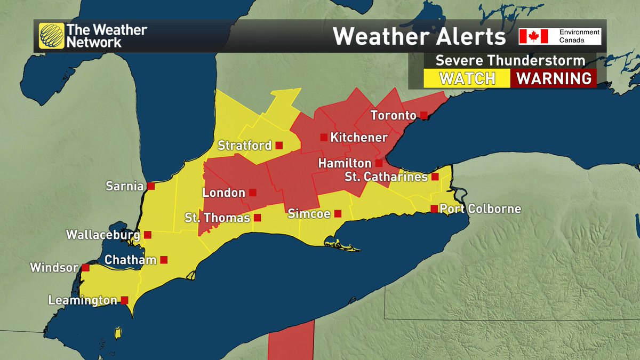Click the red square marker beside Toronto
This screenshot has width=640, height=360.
pyautogui.click(x=423, y=115)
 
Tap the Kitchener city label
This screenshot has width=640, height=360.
pyautogui.click(x=359, y=138)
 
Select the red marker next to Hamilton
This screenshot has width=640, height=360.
pyautogui.click(x=379, y=163)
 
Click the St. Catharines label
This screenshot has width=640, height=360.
pyautogui.click(x=386, y=177)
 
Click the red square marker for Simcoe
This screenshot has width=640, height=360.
pyautogui.click(x=338, y=214)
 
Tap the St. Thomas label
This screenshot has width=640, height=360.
pyautogui.click(x=217, y=218)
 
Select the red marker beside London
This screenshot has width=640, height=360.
pyautogui.click(x=253, y=193)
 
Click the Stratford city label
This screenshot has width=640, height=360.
pyautogui.click(x=245, y=145)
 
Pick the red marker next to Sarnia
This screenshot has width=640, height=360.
pyautogui.click(x=151, y=186)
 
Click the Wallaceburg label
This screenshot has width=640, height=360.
pyautogui.click(x=103, y=235)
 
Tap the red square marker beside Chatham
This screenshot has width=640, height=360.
pyautogui.click(x=164, y=260)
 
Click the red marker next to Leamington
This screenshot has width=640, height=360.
pyautogui.click(x=124, y=300)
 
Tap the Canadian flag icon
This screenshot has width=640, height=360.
pyautogui.click(x=534, y=36)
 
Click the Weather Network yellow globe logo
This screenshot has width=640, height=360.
pyautogui.click(x=51, y=36)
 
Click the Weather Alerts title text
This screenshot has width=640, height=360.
pyautogui.click(x=419, y=36)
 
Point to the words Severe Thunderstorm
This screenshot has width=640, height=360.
pyautogui.click(x=510, y=60)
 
